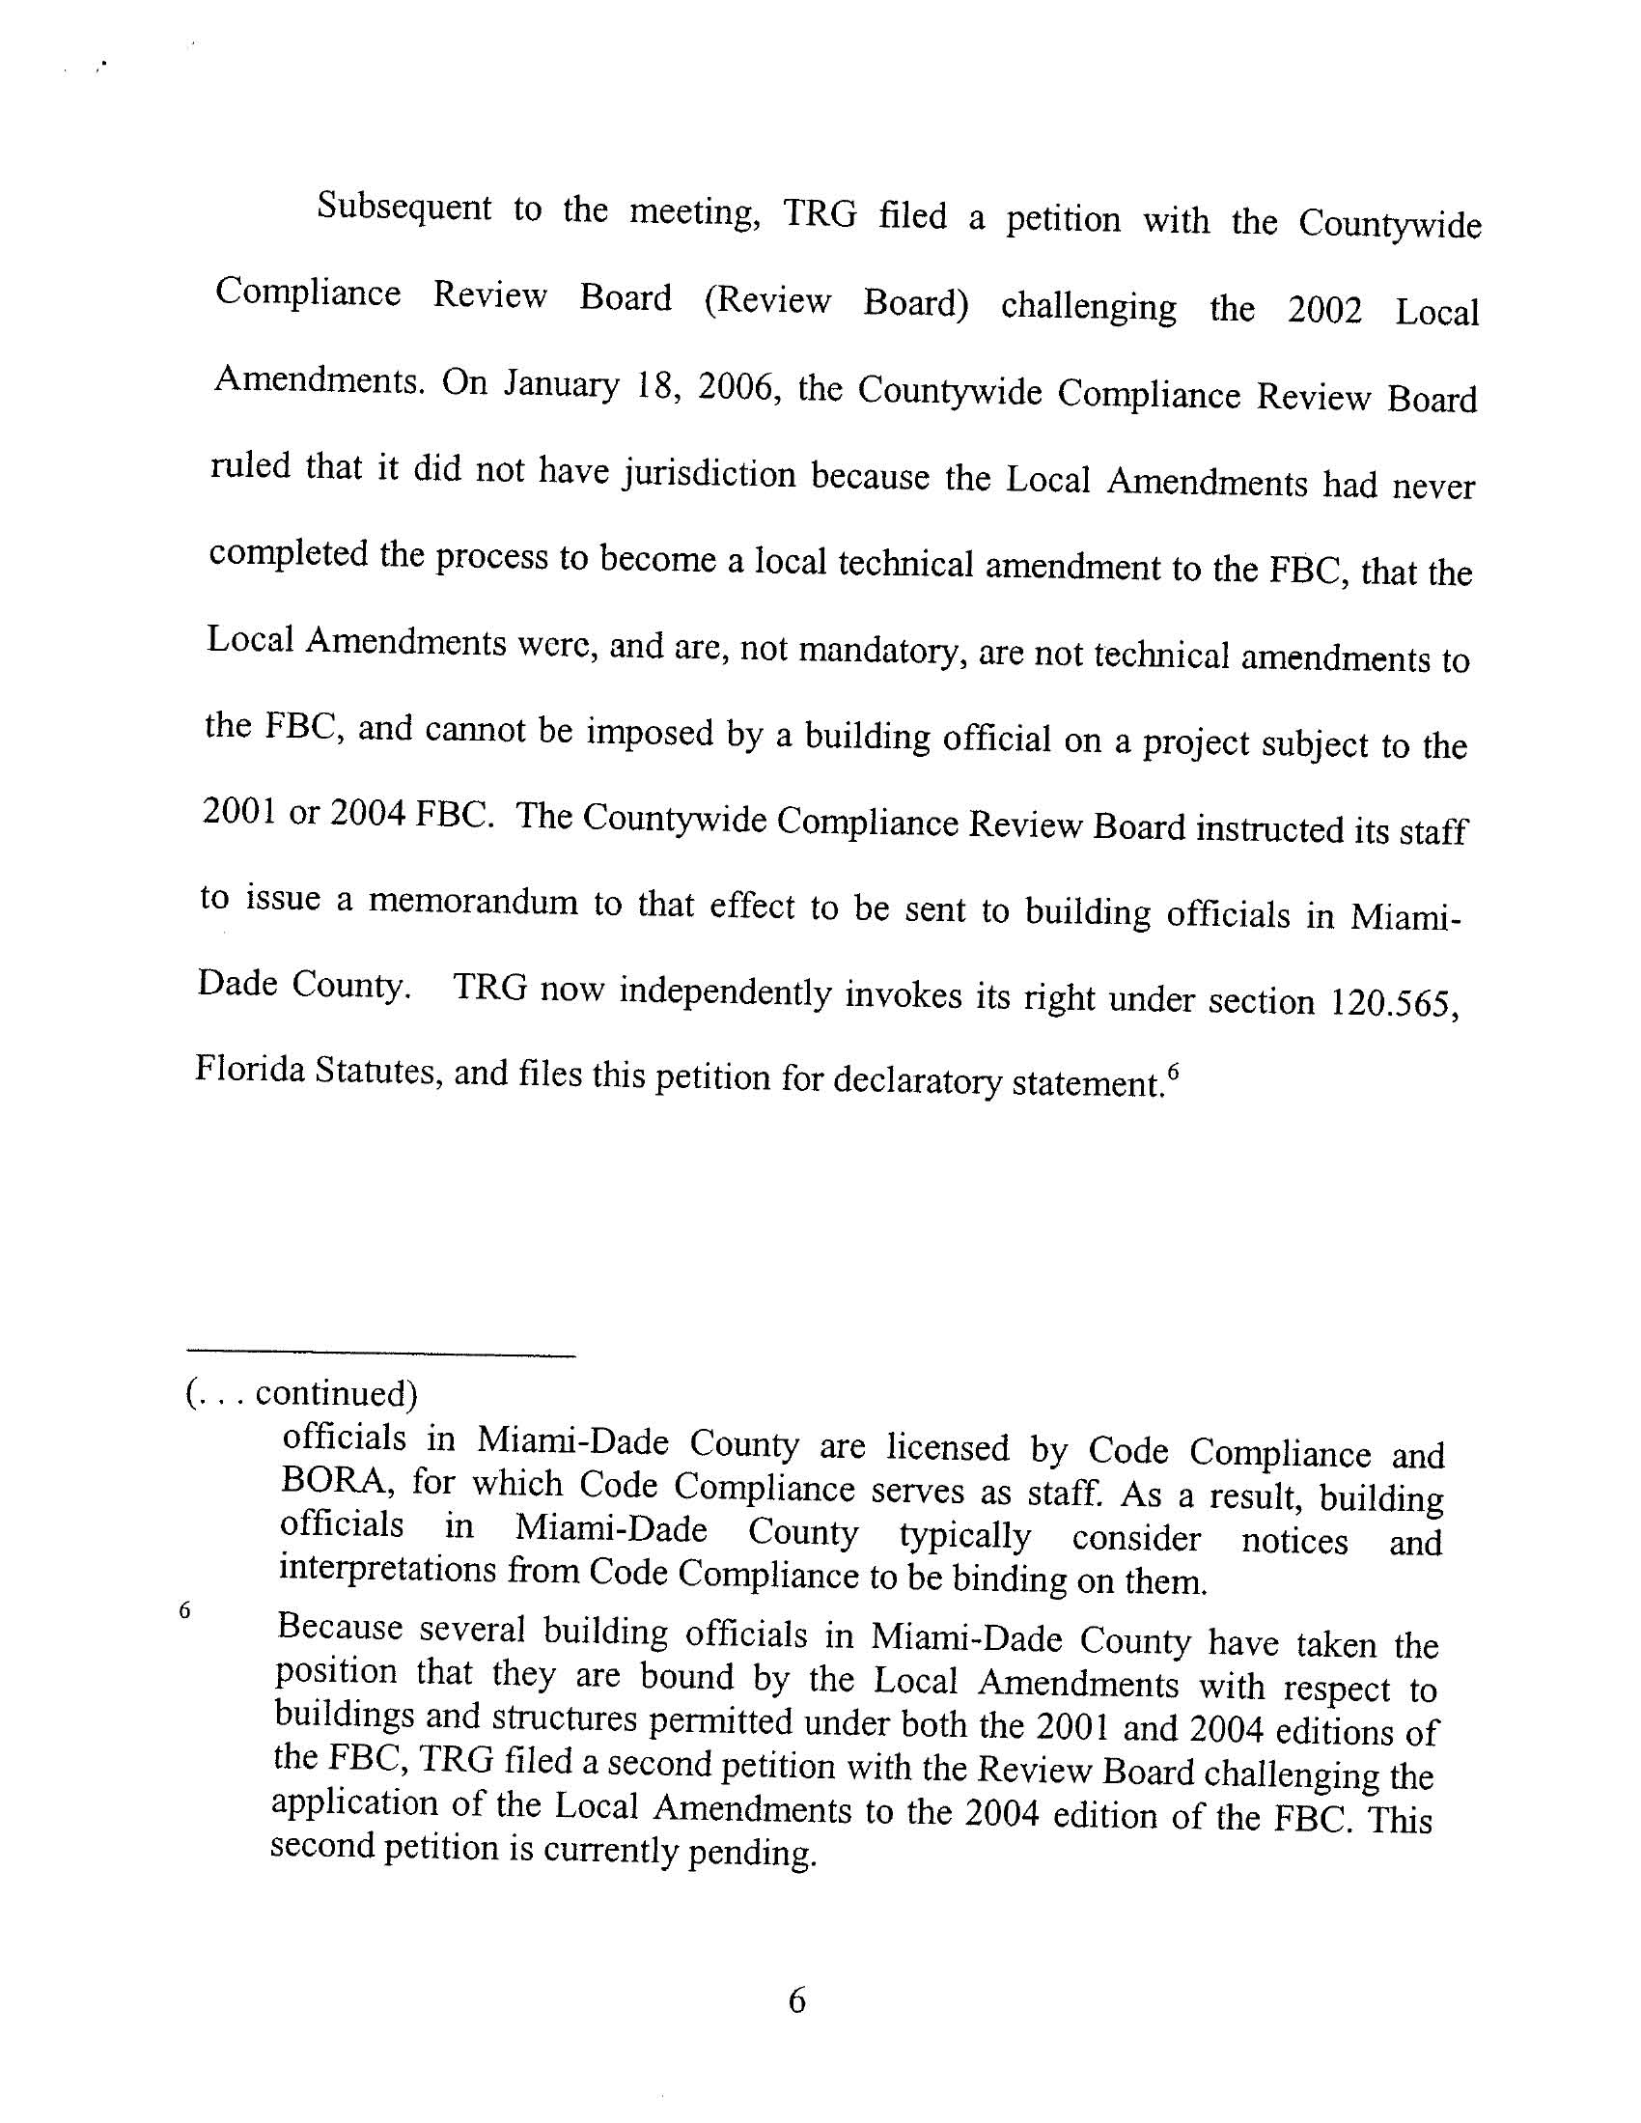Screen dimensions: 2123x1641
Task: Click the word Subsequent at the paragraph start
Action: [403, 208]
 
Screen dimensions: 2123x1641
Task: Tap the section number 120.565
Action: [1393, 1002]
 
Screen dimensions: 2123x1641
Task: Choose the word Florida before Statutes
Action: [256, 1070]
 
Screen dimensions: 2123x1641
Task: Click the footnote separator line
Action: [380, 1355]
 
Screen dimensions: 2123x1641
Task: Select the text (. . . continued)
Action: [300, 1393]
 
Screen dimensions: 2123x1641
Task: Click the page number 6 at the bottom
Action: [797, 2000]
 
